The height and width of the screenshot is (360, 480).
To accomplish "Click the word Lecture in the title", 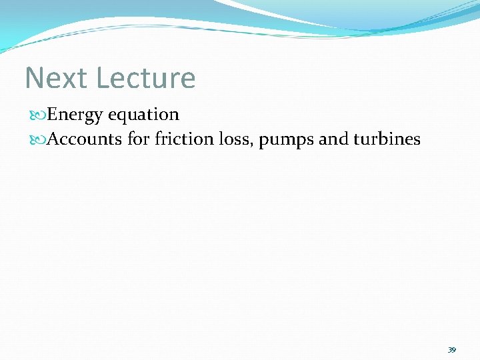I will pos(145,78).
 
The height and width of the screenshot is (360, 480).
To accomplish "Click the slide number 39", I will pos(451,350).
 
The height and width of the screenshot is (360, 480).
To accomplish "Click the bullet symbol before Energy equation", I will pos(40,115).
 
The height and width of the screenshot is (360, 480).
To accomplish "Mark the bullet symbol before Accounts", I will pos(40,140).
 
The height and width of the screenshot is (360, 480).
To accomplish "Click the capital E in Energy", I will pos(53,115).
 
